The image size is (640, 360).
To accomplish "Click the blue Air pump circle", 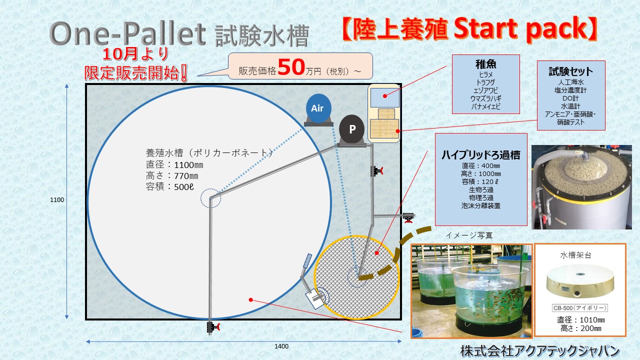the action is [x=318, y=108].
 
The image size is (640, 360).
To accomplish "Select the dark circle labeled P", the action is [x=351, y=129].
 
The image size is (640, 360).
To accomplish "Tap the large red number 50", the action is [x=291, y=67].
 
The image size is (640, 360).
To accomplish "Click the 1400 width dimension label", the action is [x=281, y=346].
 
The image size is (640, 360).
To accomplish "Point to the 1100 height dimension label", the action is [x=57, y=199].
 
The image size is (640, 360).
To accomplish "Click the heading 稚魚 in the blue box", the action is [x=485, y=64].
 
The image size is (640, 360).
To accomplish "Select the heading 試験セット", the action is [x=571, y=71].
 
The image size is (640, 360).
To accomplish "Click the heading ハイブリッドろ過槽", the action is [x=481, y=154].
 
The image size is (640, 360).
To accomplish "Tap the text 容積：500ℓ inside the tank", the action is [x=169, y=187].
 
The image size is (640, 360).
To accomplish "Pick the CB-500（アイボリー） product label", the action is [x=579, y=308].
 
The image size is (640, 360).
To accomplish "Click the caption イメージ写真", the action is [x=469, y=235].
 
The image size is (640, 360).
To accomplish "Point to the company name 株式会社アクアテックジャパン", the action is [x=540, y=351].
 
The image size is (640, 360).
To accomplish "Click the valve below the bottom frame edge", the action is [x=213, y=327].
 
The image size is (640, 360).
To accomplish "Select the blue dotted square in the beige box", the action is [x=384, y=97].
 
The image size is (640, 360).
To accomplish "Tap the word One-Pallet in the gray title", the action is [x=127, y=33].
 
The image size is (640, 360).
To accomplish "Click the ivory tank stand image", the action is [x=580, y=281].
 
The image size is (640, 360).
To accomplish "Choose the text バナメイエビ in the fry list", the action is [x=485, y=106].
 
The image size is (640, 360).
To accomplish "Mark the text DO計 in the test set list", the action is [x=570, y=98].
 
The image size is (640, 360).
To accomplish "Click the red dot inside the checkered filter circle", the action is [x=377, y=253].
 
